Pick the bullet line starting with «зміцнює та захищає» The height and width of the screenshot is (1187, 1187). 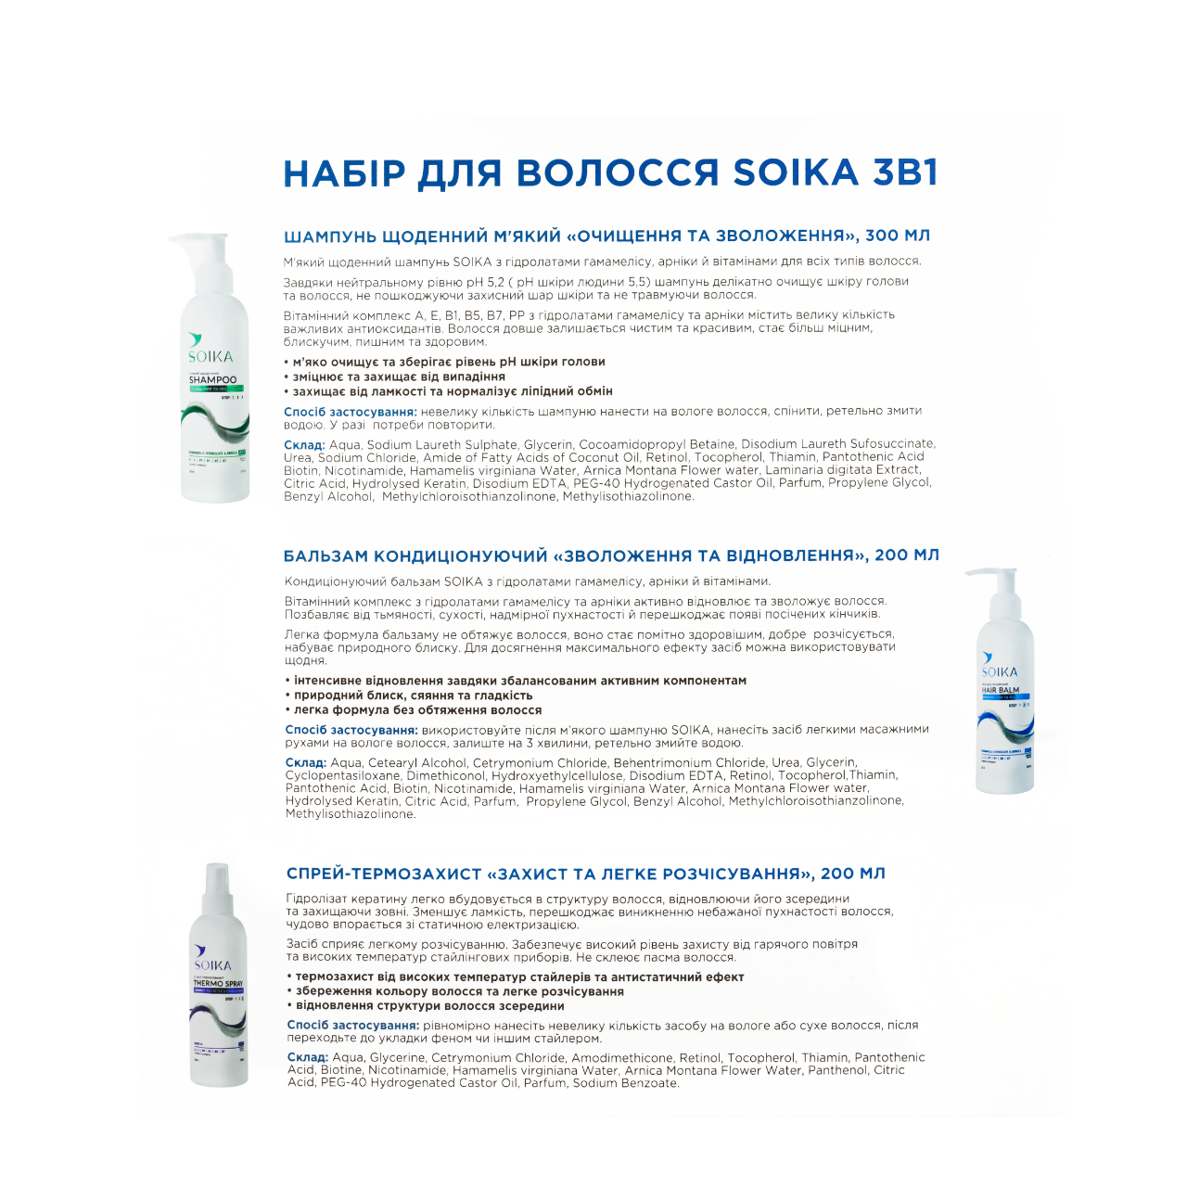[x=399, y=377]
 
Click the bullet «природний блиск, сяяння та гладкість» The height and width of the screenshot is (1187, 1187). [x=413, y=696]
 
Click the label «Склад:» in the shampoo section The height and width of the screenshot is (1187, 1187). [x=303, y=444]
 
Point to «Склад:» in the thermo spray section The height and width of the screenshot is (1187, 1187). [x=307, y=1057]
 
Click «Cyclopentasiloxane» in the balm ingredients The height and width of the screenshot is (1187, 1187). [x=342, y=775]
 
